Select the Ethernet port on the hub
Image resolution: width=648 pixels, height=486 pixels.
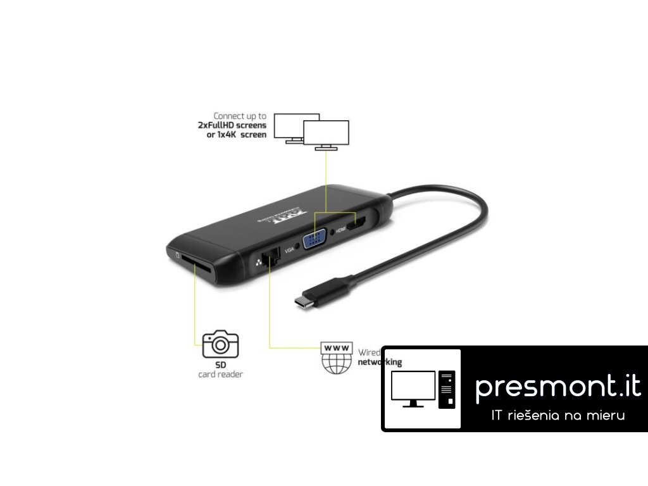click(x=272, y=259)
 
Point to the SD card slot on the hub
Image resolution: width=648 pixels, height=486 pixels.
click(x=197, y=264)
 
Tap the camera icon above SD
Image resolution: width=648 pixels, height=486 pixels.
click(x=220, y=344)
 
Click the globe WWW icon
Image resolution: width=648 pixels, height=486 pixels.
click(x=336, y=359)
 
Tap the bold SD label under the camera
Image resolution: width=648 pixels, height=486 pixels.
click(x=220, y=365)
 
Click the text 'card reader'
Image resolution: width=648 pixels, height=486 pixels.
click(x=220, y=375)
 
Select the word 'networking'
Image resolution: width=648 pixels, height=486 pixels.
click(x=379, y=363)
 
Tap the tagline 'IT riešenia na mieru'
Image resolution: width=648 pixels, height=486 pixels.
click(x=558, y=416)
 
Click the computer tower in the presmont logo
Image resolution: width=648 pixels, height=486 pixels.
click(x=447, y=389)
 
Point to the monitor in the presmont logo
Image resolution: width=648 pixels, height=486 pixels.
click(x=413, y=388)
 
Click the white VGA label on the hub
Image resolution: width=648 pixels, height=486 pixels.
click(x=290, y=251)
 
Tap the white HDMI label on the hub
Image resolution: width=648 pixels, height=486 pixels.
click(x=339, y=231)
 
